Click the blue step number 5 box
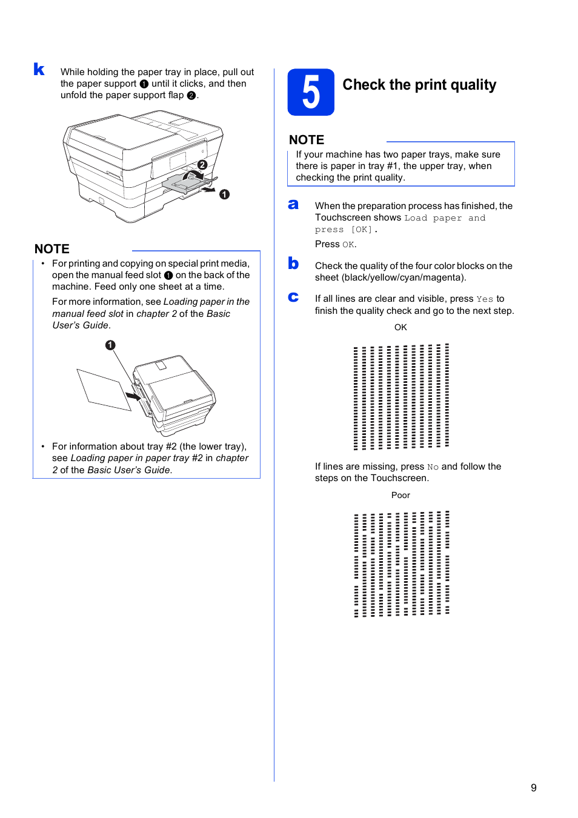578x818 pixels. tap(311, 92)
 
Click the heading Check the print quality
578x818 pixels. tap(419, 85)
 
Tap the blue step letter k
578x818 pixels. tap(39, 70)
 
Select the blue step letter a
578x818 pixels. tap(293, 205)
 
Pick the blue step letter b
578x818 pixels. tap(293, 263)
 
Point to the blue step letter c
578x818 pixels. tap(293, 297)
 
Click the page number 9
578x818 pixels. tap(533, 788)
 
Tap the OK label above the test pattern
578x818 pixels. tap(400, 327)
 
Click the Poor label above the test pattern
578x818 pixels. tap(400, 495)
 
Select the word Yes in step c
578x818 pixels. tap(485, 299)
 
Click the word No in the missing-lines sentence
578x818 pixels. tap(433, 467)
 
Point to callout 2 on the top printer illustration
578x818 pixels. tap(202, 165)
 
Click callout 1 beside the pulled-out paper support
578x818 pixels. tap(225, 195)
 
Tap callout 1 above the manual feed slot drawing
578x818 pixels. tap(110, 345)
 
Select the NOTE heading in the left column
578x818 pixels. tap(52, 249)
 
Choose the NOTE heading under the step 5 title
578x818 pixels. tap(307, 140)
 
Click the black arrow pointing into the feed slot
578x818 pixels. tap(133, 396)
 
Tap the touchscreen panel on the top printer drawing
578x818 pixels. tap(178, 161)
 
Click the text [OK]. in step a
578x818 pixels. tap(364, 230)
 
